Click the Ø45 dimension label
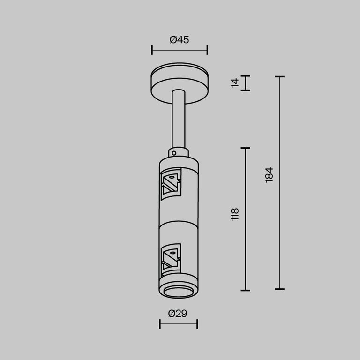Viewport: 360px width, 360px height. pyautogui.click(x=179, y=40)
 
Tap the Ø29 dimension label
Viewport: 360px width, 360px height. pyautogui.click(x=178, y=314)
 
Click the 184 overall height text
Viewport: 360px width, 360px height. pyautogui.click(x=269, y=174)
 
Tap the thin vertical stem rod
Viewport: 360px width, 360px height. pyautogui.click(x=179, y=122)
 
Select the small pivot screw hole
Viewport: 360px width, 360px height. pyautogui.click(x=174, y=152)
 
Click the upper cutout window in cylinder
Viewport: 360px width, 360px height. pyautogui.click(x=170, y=183)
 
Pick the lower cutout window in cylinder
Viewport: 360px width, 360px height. pyautogui.click(x=170, y=259)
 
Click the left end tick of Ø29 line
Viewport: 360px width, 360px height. pyautogui.click(x=160, y=324)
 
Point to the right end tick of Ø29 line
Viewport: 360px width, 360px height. pyautogui.click(x=197, y=324)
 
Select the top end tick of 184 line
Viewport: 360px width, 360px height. pyautogui.click(x=280, y=76)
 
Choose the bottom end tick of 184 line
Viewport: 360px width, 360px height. pyautogui.click(x=280, y=289)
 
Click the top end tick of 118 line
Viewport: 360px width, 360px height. pyautogui.click(x=245, y=148)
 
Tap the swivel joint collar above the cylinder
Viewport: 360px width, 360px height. pyautogui.click(x=179, y=153)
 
